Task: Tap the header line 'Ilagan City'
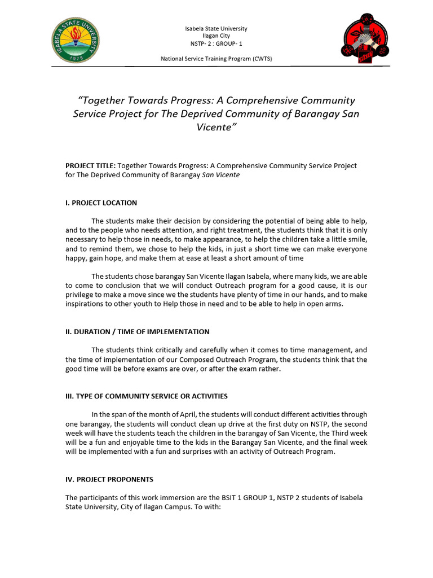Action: coord(216,36)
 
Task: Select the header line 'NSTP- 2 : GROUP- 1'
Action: coord(216,43)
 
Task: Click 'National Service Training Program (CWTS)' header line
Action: coord(216,58)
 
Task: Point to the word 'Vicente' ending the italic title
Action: coord(214,128)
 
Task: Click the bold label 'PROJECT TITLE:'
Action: coord(91,166)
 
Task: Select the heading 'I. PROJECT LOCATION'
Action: coord(101,203)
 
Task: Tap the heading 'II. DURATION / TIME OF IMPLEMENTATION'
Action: coord(137,332)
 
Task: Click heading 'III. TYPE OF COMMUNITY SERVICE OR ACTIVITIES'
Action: coord(146,396)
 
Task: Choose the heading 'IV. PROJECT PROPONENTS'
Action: coord(109,479)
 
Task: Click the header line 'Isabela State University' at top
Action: coord(216,28)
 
